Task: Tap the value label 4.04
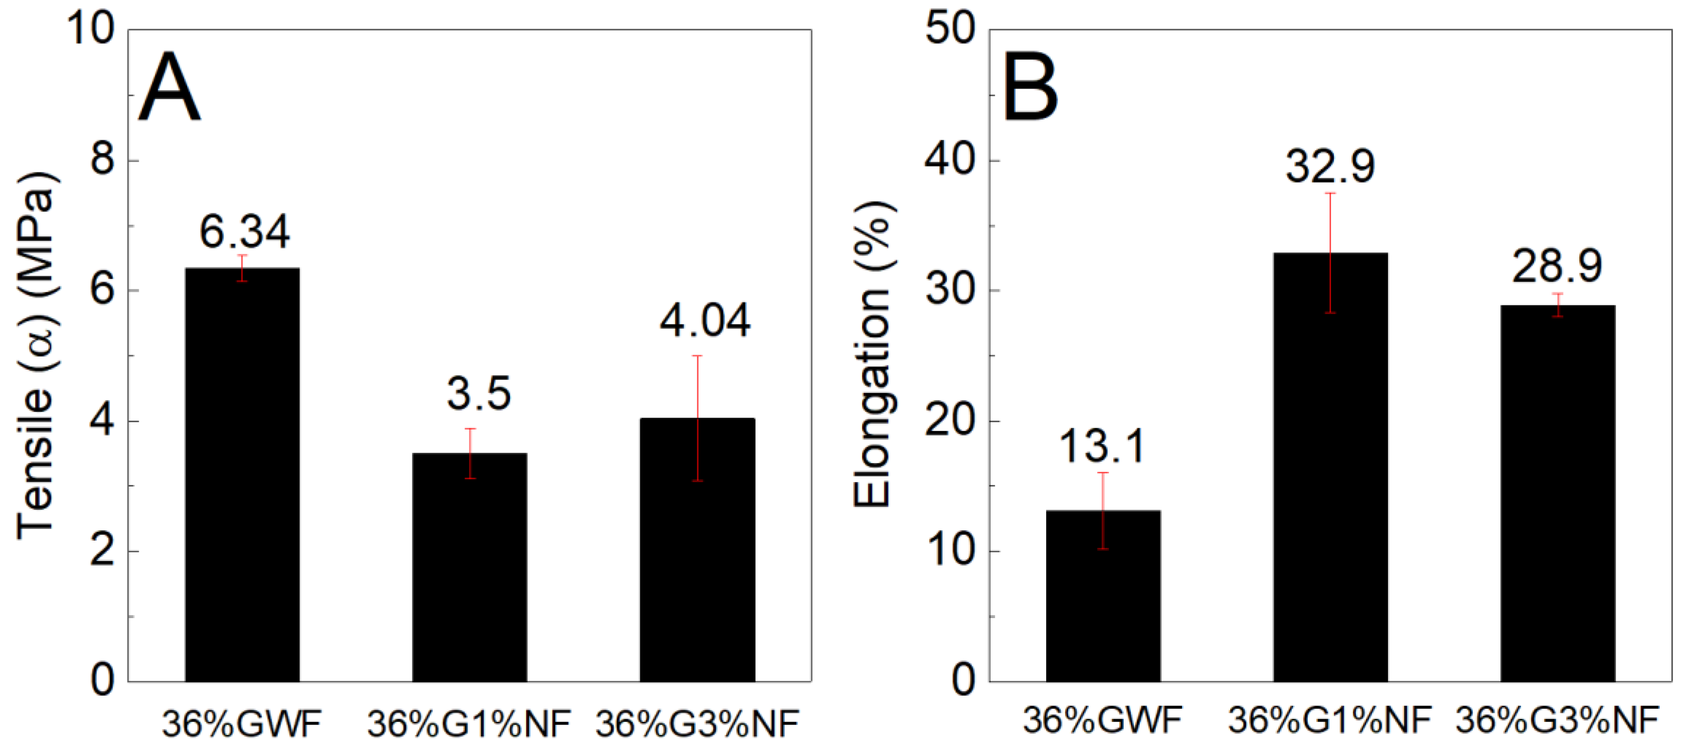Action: pyautogui.click(x=704, y=321)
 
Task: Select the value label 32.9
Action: pyautogui.click(x=1330, y=166)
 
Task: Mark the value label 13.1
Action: pyautogui.click(x=1102, y=447)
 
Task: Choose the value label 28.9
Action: pyautogui.click(x=1557, y=266)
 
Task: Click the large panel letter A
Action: pyautogui.click(x=168, y=88)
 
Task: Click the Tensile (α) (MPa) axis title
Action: pyautogui.click(x=36, y=356)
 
